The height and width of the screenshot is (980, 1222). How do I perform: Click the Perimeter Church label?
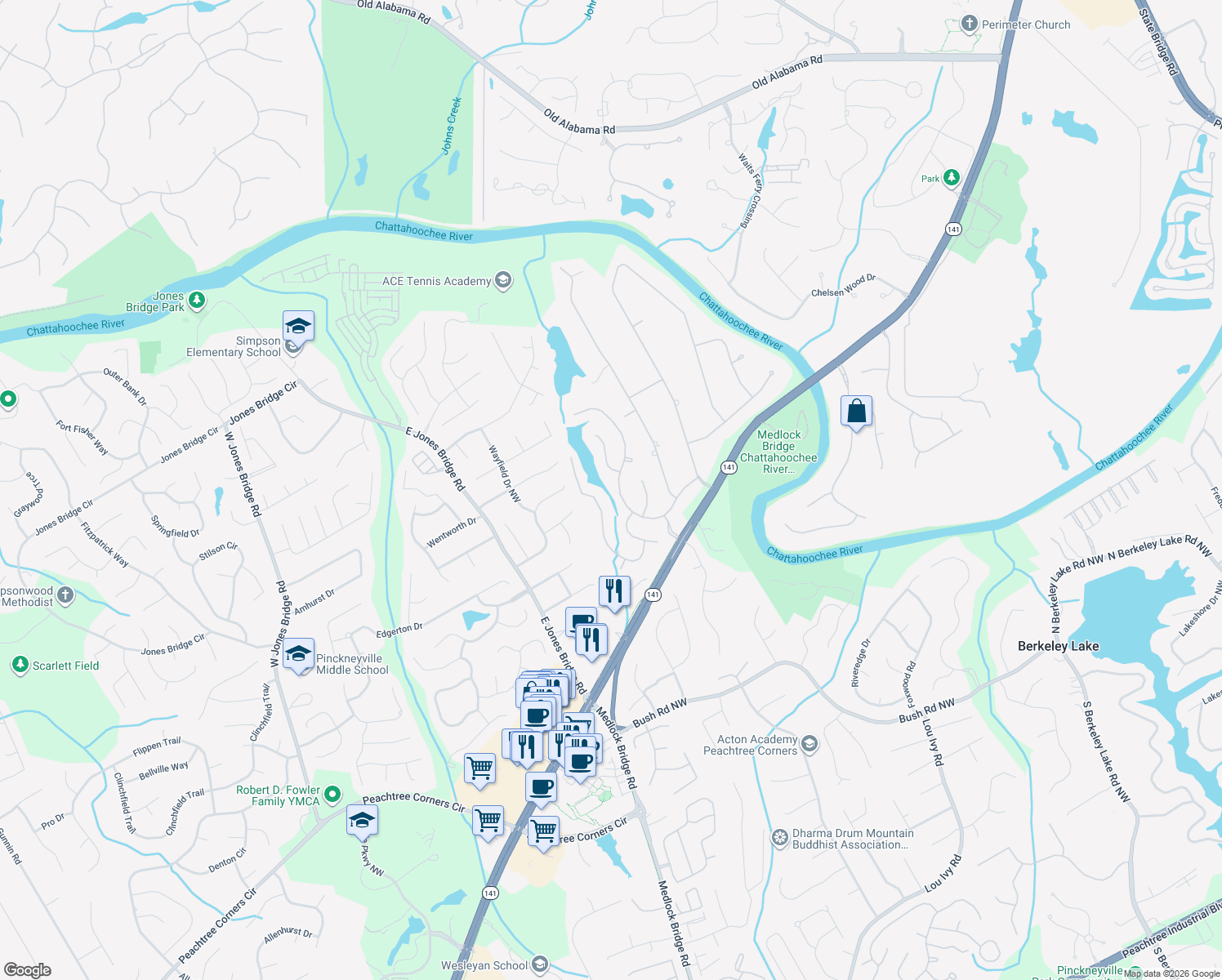(x=1025, y=24)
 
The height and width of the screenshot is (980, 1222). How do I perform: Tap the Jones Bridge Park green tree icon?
(x=197, y=301)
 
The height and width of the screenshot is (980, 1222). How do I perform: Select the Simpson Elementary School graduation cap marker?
(x=298, y=327)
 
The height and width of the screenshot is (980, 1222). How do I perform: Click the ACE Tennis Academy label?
(x=436, y=281)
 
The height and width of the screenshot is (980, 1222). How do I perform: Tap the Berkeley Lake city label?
(x=1058, y=646)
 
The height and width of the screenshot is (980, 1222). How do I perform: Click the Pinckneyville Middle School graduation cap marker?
(x=298, y=654)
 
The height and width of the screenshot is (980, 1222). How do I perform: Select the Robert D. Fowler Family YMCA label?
(x=278, y=795)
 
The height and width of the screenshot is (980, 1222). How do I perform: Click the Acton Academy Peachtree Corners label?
(x=750, y=745)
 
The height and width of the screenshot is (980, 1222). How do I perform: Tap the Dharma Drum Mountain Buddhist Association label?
(x=852, y=839)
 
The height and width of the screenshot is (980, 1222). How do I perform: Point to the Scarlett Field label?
(x=65, y=666)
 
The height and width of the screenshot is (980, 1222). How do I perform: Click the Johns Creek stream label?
(x=452, y=125)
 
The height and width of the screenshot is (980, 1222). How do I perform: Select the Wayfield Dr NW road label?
(x=504, y=474)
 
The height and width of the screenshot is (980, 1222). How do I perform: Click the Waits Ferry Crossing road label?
(x=750, y=190)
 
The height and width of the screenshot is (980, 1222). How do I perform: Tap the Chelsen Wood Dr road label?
(x=843, y=286)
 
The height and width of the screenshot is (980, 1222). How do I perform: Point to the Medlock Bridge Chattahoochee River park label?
(x=778, y=452)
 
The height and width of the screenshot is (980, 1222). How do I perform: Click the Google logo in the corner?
(x=27, y=969)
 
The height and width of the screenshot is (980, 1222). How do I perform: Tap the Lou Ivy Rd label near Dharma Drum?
(x=943, y=873)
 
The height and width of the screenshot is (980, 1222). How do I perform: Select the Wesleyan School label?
(x=484, y=965)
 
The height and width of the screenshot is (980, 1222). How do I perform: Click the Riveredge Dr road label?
(x=861, y=663)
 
